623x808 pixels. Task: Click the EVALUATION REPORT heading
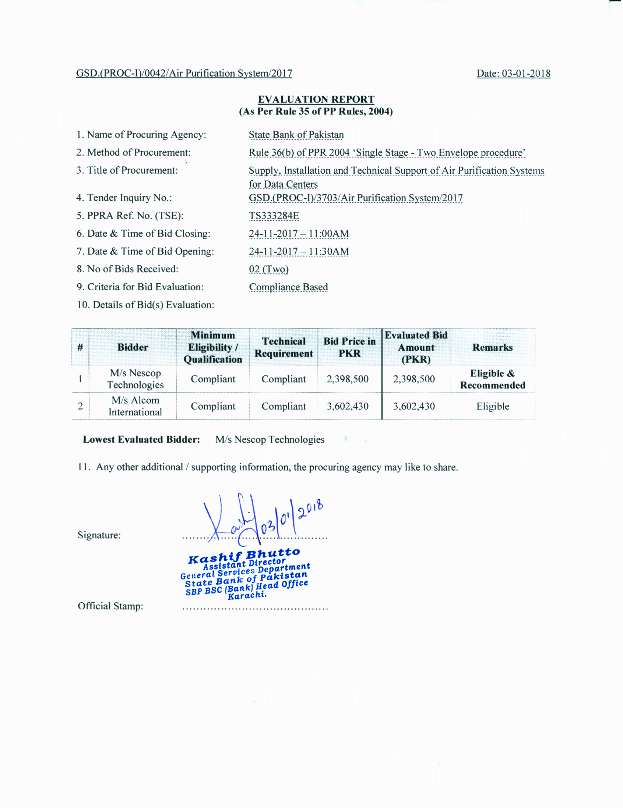pos(316,99)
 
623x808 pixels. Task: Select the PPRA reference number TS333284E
pos(274,216)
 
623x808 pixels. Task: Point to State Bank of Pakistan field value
pos(296,135)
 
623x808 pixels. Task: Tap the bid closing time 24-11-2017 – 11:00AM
pos(299,233)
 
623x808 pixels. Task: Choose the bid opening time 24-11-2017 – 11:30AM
pos(299,251)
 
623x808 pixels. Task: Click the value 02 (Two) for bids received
pos(269,269)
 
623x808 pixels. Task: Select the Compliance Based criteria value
pos(288,287)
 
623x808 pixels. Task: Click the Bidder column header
pos(133,347)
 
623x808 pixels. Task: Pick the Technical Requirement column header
pos(284,347)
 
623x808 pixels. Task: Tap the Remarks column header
pos(492,347)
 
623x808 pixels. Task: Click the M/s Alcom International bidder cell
pos(135,406)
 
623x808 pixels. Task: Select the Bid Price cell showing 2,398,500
pos(347,379)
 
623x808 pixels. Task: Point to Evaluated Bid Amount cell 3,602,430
pos(414,406)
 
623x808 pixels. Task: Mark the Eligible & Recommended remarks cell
pos(492,379)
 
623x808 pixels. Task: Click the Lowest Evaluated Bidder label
pos(141,439)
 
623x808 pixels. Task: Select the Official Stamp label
pos(110,606)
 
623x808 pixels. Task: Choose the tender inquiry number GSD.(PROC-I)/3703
pos(355,198)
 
